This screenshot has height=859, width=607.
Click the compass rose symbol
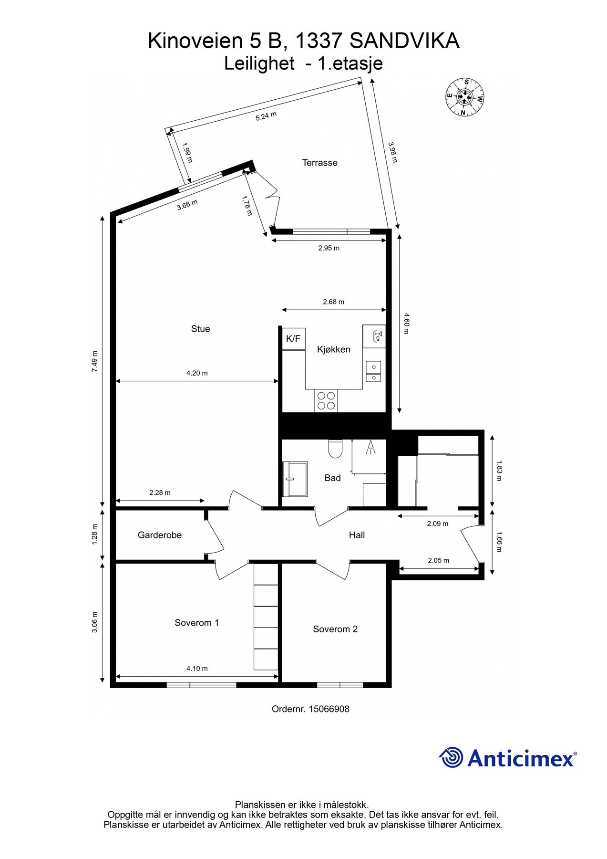[465, 97]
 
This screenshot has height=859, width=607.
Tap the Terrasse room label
[319, 163]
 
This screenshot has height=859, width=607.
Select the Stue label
[200, 329]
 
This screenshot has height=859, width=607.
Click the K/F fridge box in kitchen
[293, 339]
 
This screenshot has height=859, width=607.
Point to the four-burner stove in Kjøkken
[326, 400]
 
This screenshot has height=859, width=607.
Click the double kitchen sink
[373, 372]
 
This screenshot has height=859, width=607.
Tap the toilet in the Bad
[336, 449]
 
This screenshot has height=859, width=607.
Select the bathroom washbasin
[295, 479]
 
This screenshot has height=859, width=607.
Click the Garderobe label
[160, 535]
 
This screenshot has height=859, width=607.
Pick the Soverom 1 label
[196, 623]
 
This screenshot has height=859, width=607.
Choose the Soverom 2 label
[335, 629]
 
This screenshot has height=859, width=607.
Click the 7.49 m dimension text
[94, 361]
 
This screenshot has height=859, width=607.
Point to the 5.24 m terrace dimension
[266, 116]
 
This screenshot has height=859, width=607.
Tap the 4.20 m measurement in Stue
[197, 373]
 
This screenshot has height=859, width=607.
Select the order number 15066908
[329, 709]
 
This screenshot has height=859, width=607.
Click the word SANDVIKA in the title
[404, 41]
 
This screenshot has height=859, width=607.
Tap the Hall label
[357, 535]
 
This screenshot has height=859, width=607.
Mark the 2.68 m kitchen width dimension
[333, 302]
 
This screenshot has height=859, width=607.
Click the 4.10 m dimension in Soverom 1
[197, 669]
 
